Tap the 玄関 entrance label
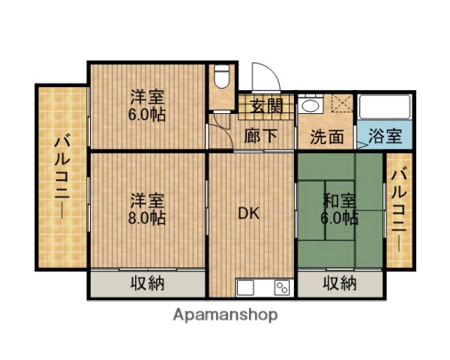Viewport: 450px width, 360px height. click(266, 106)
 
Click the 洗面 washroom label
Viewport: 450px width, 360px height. click(327, 137)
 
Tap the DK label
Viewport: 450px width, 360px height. click(249, 213)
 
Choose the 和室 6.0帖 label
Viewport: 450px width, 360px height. click(340, 209)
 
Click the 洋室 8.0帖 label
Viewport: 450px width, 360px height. click(147, 209)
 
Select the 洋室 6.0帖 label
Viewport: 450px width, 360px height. click(147, 106)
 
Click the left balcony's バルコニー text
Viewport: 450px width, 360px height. click(61, 176)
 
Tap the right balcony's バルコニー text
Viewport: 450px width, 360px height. click(399, 208)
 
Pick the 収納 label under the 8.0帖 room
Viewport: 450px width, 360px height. click(147, 283)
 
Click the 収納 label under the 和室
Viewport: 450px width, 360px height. click(340, 283)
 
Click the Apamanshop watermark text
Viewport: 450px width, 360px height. click(225, 315)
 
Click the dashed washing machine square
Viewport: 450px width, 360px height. click(342, 104)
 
